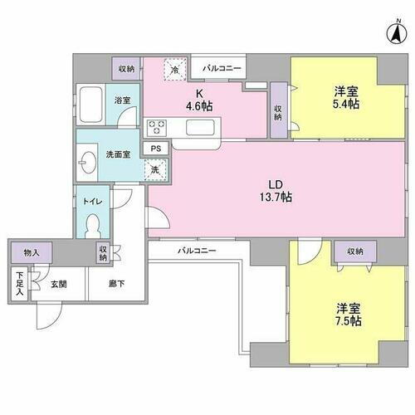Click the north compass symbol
pos(396,34)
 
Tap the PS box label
pos(155,149)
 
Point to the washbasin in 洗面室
pos(88,160)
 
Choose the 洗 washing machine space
pos(154,169)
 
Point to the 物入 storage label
pos(31,251)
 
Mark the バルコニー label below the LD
pos(196,250)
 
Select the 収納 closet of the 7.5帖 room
pos(355,251)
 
